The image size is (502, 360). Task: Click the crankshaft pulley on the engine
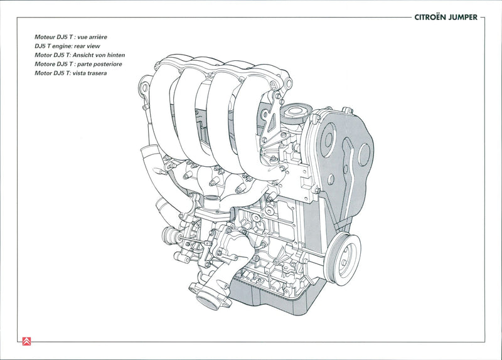tap(344, 257)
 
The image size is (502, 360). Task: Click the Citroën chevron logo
tap(26, 341)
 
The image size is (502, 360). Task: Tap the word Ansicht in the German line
tap(90, 55)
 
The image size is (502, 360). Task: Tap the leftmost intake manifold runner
tap(164, 107)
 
